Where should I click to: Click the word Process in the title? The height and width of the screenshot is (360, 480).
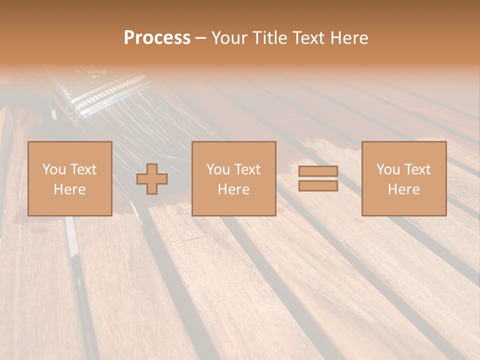(x=157, y=38)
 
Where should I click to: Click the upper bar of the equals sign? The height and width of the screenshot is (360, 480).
(x=318, y=171)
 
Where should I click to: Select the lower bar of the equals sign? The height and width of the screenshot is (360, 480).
(x=318, y=186)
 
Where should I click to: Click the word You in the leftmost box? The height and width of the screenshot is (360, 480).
(x=54, y=169)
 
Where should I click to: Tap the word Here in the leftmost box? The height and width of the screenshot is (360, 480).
(x=69, y=189)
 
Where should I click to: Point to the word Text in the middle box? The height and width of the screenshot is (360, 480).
(x=247, y=169)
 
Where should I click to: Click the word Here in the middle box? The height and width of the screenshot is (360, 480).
(x=233, y=189)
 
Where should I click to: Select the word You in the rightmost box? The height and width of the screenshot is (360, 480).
(x=388, y=169)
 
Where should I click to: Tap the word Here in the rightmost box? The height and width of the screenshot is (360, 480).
(x=403, y=189)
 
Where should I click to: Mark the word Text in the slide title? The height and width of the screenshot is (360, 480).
(x=305, y=38)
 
